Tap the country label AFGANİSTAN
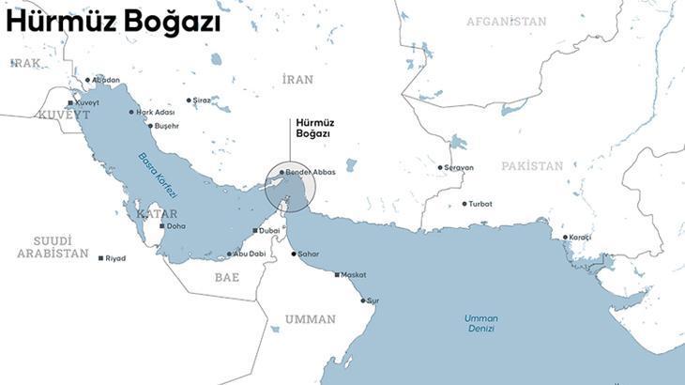(506, 21)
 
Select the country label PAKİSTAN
(532, 166)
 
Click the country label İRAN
(297, 80)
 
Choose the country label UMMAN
(310, 319)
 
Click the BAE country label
(227, 277)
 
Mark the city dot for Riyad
(100, 258)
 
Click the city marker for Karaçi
(565, 237)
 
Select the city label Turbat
(480, 204)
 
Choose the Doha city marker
(161, 226)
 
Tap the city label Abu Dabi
(251, 254)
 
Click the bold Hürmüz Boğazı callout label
(314, 128)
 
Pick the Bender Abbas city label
(311, 173)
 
